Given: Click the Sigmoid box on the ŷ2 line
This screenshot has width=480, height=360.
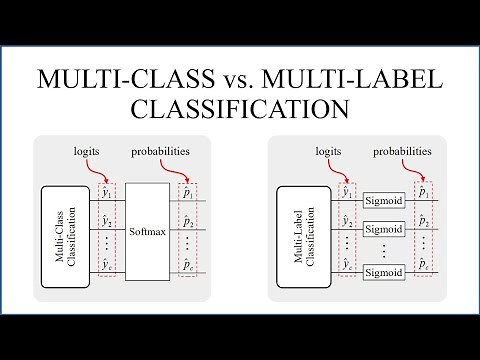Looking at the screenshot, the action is pyautogui.click(x=384, y=229).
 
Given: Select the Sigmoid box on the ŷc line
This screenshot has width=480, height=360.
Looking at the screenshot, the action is pyautogui.click(x=384, y=273).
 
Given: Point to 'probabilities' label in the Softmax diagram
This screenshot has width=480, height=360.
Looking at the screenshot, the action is pyautogui.click(x=161, y=152).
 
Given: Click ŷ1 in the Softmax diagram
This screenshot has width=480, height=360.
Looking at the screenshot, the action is pyautogui.click(x=107, y=193).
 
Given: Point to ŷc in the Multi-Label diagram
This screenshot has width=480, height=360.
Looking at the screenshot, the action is pyautogui.click(x=347, y=265).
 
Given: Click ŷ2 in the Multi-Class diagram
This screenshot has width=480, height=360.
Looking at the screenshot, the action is pyautogui.click(x=107, y=221).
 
